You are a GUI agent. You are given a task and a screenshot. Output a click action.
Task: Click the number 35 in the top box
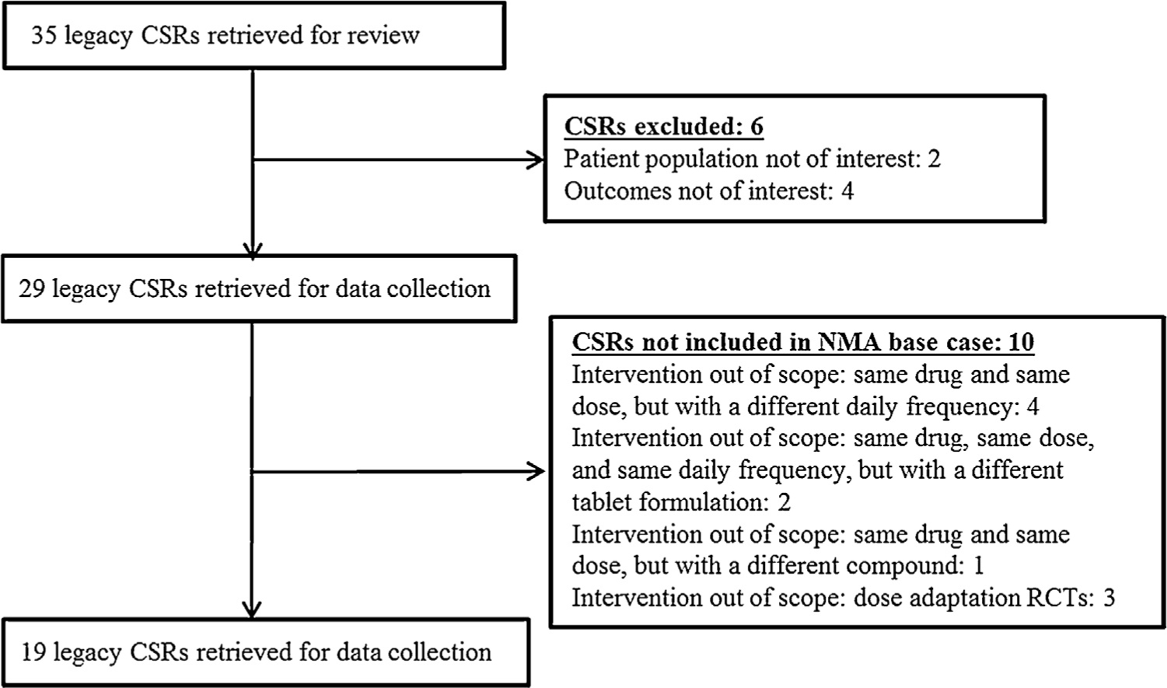click(44, 36)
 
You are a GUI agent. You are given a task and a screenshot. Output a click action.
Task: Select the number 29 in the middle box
click(32, 289)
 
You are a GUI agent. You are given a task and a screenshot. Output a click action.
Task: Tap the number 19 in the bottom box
click(33, 652)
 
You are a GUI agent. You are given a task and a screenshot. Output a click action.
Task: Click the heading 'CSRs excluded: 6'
click(663, 127)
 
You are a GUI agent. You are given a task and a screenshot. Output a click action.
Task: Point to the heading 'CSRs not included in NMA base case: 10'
click(802, 342)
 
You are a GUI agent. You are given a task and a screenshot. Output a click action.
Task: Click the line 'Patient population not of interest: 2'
click(751, 159)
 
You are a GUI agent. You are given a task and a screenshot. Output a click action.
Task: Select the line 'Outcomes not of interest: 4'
click(708, 191)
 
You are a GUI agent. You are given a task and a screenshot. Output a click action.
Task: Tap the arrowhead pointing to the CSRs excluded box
click(536, 160)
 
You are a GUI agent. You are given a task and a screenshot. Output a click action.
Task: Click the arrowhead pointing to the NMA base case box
click(536, 471)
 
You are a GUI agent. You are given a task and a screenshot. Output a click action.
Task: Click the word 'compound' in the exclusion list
click(900, 566)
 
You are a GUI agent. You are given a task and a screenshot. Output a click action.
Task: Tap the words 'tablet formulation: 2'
click(681, 502)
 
